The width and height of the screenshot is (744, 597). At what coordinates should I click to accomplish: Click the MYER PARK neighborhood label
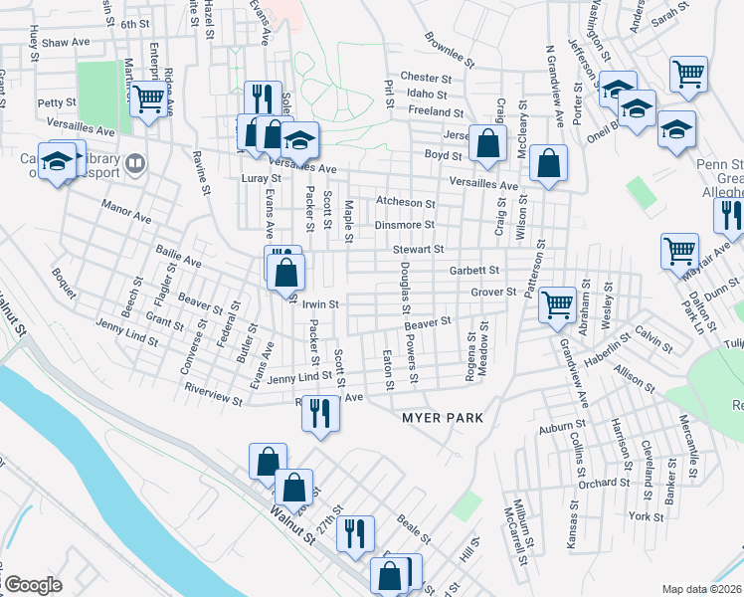pyautogui.click(x=443, y=418)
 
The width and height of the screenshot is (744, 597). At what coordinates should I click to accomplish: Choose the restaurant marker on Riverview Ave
pyautogui.click(x=318, y=411)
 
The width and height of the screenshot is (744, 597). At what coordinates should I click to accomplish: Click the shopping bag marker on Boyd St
pyautogui.click(x=487, y=143)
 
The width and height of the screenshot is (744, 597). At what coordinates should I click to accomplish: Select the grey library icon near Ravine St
pyautogui.click(x=134, y=161)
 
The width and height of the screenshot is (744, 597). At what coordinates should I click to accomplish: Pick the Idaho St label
pyautogui.click(x=428, y=95)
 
